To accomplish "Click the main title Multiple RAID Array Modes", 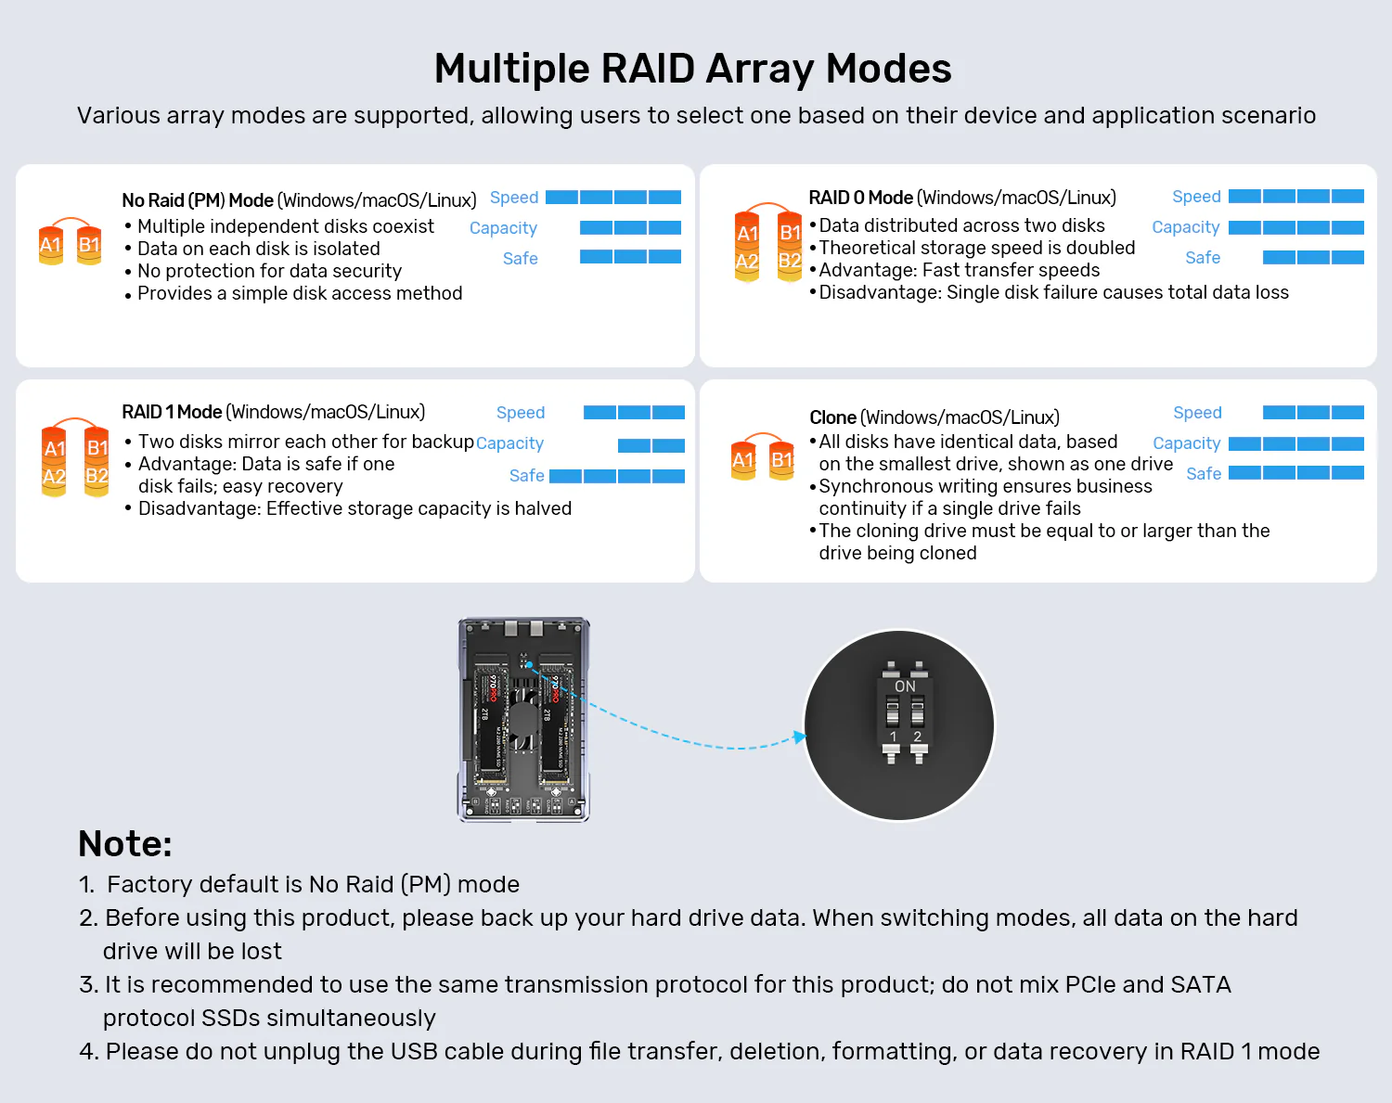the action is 693,70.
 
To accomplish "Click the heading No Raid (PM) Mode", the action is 198,200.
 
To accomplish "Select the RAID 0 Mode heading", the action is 861,198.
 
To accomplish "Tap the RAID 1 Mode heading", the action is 172,412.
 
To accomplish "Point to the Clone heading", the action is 832,417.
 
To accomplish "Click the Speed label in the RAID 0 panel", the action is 1196,197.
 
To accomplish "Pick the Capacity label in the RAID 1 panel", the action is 509,443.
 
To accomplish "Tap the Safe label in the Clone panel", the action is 1204,474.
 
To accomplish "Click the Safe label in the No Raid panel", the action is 520,259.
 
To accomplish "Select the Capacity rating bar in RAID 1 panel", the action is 651,445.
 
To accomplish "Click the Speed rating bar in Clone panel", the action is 1313,413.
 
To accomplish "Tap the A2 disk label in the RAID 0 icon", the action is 747,262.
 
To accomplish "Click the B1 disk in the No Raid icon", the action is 89,244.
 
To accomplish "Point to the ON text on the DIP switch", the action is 905,686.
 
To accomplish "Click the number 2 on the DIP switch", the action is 917,737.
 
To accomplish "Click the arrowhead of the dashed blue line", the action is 800,737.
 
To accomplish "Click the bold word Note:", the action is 125,844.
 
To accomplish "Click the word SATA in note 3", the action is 1201,984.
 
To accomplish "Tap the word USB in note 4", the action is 411,1051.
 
